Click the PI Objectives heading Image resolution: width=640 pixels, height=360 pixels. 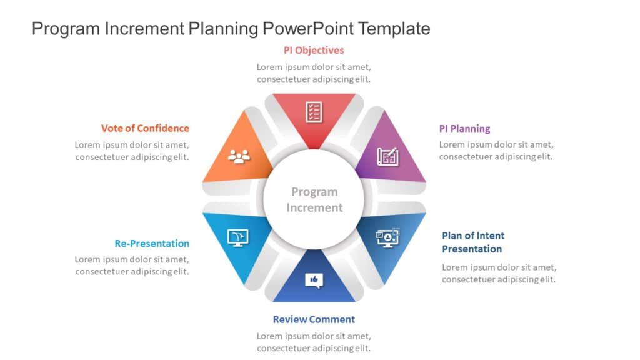(314, 50)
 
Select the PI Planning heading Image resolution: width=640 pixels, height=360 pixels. (464, 129)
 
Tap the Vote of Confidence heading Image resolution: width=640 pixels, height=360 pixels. (145, 128)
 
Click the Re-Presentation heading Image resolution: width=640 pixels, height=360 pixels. (152, 244)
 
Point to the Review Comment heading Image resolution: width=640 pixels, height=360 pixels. (314, 319)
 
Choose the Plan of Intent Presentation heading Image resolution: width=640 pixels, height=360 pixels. (472, 242)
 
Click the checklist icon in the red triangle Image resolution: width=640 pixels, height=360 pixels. (314, 112)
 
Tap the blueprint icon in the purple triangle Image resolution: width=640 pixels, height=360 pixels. (387, 156)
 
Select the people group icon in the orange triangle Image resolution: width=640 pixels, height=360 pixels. (239, 156)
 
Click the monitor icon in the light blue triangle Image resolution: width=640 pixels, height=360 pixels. (238, 237)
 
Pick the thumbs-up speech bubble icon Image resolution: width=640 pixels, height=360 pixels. (314, 280)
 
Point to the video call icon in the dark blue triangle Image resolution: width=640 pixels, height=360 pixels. (387, 237)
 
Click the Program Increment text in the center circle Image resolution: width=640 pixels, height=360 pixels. (314, 200)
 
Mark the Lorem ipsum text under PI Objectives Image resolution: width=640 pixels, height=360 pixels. (314, 73)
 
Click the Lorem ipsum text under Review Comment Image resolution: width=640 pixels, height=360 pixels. (314, 342)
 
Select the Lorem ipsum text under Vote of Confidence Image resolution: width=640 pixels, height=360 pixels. (132, 151)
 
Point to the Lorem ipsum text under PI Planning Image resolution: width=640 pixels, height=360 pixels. (496, 151)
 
